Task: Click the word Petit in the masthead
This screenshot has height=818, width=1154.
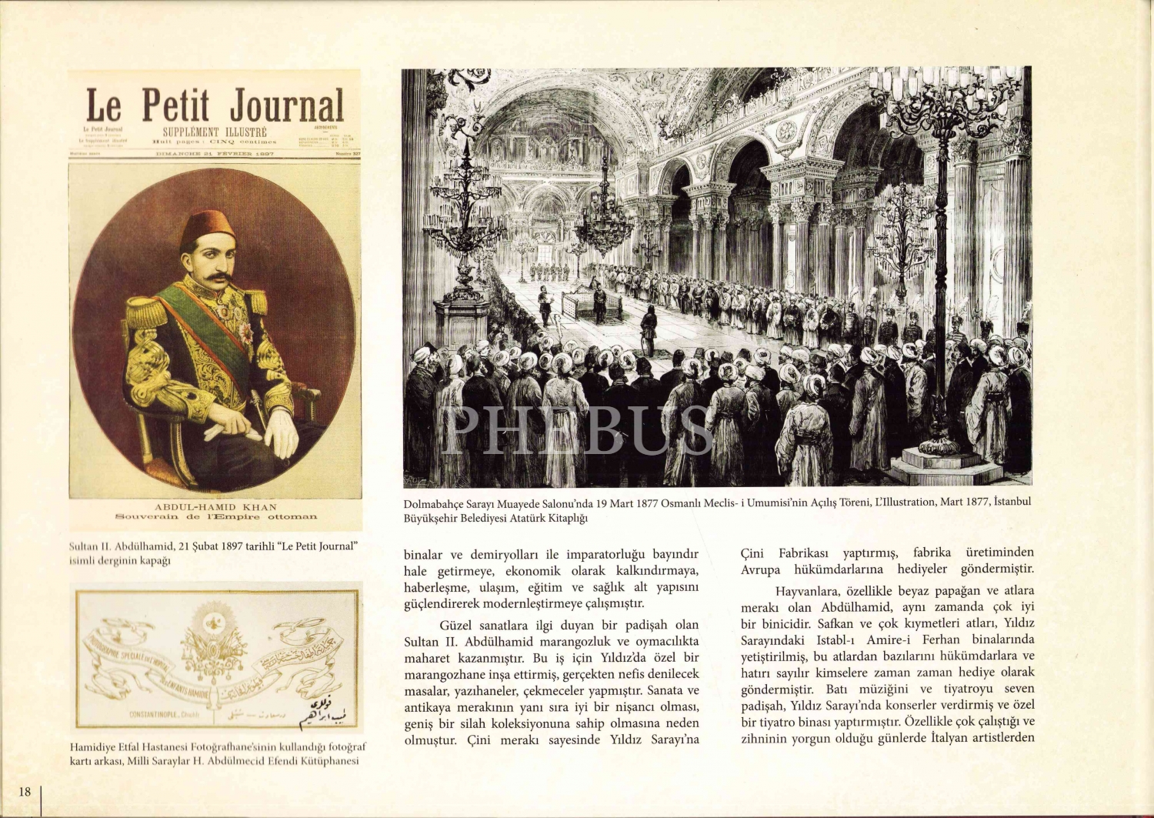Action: (x=175, y=105)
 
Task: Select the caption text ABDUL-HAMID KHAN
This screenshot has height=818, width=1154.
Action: (x=215, y=507)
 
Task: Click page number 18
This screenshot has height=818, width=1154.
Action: (x=25, y=791)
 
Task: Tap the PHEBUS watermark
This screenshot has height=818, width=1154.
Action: (x=577, y=429)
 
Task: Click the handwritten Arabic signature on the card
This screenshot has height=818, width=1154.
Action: (x=327, y=712)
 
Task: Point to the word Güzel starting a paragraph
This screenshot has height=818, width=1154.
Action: (x=455, y=625)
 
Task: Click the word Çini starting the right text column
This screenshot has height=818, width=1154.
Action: (x=752, y=553)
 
